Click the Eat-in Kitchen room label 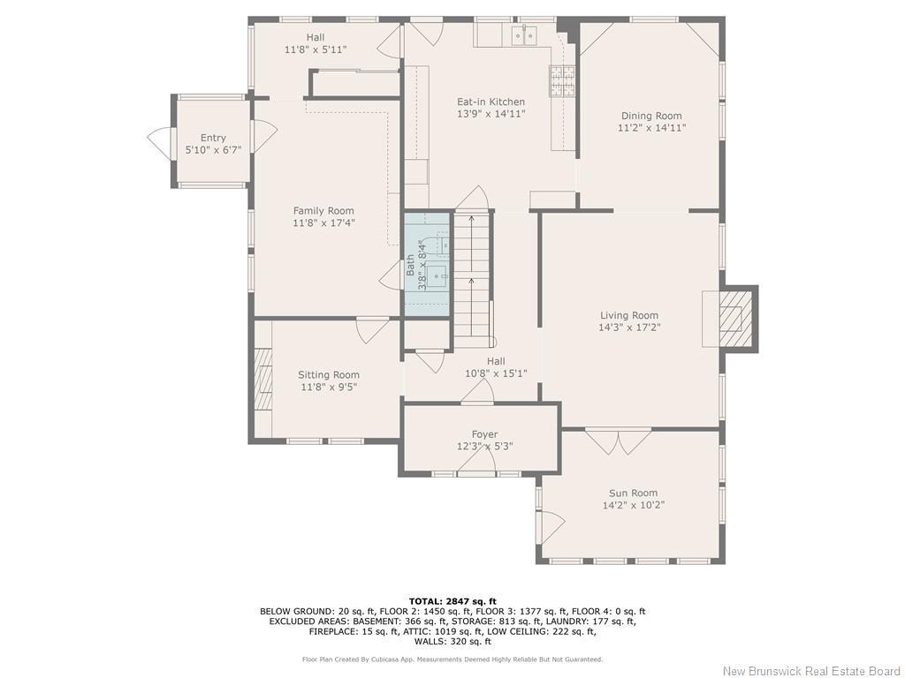491,102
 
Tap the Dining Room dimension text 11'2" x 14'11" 651,128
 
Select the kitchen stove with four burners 562,81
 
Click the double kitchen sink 524,35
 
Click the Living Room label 629,315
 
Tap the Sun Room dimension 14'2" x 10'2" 633,506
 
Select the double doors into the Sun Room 618,441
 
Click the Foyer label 484,434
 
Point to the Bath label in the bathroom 411,265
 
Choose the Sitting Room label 328,375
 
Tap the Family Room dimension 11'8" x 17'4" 323,223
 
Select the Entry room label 213,138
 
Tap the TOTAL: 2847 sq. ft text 452,601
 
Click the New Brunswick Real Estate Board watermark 811,670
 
